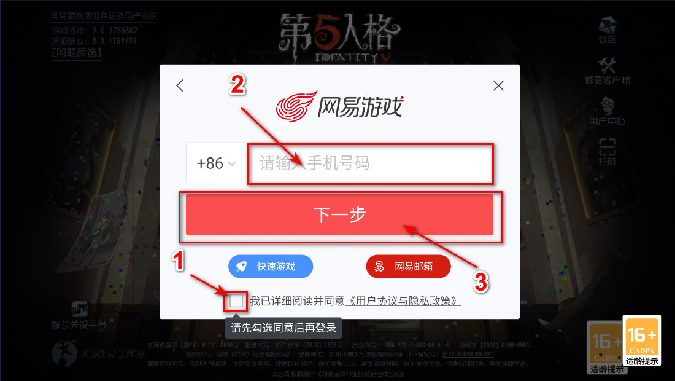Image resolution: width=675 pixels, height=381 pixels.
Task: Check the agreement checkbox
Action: click(236, 301)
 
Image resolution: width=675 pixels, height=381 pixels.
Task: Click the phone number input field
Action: click(370, 163)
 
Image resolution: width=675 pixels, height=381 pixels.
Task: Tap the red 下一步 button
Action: click(339, 214)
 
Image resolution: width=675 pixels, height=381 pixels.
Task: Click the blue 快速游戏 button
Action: click(271, 267)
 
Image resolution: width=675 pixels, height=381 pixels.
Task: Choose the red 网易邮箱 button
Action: click(408, 267)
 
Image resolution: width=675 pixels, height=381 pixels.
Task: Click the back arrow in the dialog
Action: click(180, 85)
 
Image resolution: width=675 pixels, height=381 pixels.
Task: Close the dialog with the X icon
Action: click(498, 85)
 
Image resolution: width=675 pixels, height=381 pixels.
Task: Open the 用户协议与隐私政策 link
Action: click(404, 301)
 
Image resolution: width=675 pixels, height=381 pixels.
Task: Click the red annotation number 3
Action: click(481, 282)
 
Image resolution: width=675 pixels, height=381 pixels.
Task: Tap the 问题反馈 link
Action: click(77, 52)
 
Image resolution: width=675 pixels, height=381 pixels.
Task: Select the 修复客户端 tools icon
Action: click(607, 70)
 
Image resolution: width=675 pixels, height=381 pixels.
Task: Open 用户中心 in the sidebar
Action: click(607, 111)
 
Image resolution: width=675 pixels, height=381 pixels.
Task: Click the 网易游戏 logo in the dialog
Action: click(339, 106)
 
